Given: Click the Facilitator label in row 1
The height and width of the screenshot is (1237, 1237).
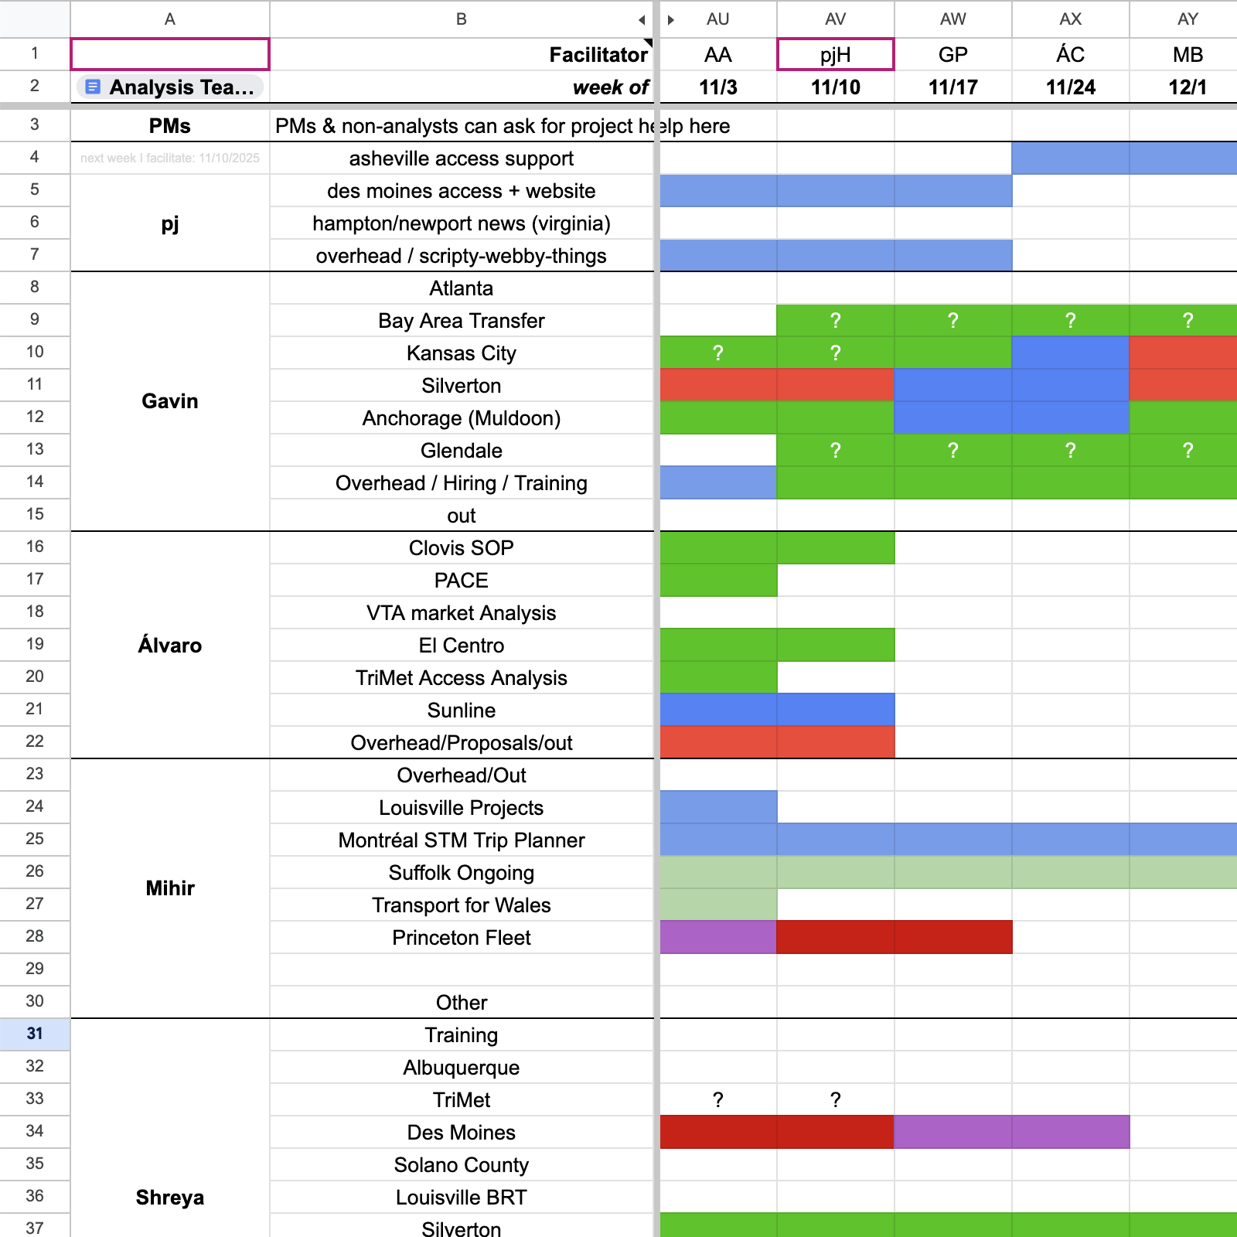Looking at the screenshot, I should pos(598,55).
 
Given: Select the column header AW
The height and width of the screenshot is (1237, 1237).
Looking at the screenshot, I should pos(952,19).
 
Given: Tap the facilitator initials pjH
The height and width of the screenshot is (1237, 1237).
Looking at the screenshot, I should pos(835,55).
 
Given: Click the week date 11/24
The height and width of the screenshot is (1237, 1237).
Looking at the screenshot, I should pos(1070,87).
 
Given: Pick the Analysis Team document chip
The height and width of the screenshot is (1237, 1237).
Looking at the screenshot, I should pos(170,87).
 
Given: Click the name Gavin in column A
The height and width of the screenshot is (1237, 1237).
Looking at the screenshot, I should pos(170,401).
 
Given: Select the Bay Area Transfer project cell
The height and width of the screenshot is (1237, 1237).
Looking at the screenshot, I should pos(461,321).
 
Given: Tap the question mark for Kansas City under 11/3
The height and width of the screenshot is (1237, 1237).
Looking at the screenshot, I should pos(717,353).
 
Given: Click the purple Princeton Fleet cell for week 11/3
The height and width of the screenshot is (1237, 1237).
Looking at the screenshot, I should pos(717,937).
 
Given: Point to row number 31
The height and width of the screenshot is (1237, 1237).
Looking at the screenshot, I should pos(35,1034).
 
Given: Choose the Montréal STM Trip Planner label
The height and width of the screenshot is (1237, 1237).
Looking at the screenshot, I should pos(461,840).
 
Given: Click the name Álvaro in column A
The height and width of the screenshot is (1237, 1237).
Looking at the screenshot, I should pos(170,646).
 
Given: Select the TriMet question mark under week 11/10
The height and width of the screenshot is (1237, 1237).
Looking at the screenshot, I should pos(835,1099).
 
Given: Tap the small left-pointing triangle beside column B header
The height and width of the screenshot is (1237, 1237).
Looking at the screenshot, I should pos(642,20).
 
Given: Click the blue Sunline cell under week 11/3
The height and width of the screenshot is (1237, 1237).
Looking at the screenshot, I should pos(717,710).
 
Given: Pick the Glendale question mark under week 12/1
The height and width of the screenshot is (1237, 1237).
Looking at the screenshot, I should pos(1188,451).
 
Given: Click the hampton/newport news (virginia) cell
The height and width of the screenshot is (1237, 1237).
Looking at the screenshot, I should pos(461,223).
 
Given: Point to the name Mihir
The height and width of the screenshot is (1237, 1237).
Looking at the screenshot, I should pos(170,888).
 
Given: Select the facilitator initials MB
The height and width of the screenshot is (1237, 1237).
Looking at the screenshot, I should pos(1188,55).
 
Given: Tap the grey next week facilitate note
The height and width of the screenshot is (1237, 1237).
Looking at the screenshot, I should pos(170,158).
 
